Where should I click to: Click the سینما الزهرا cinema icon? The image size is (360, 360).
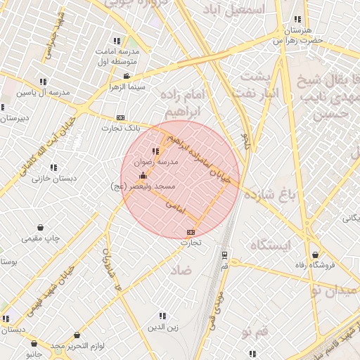click(127, 76)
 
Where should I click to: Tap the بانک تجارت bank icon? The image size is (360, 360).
click(121, 117)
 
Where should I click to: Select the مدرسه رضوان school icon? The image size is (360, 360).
click(155, 151)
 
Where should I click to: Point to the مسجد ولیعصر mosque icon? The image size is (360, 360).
click(143, 175)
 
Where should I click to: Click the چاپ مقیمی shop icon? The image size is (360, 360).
click(41, 228)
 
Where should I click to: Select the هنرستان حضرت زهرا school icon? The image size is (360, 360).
click(297, 20)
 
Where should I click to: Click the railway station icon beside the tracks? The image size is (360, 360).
click(224, 255)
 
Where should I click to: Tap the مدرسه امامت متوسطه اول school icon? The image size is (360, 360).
click(117, 40)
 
